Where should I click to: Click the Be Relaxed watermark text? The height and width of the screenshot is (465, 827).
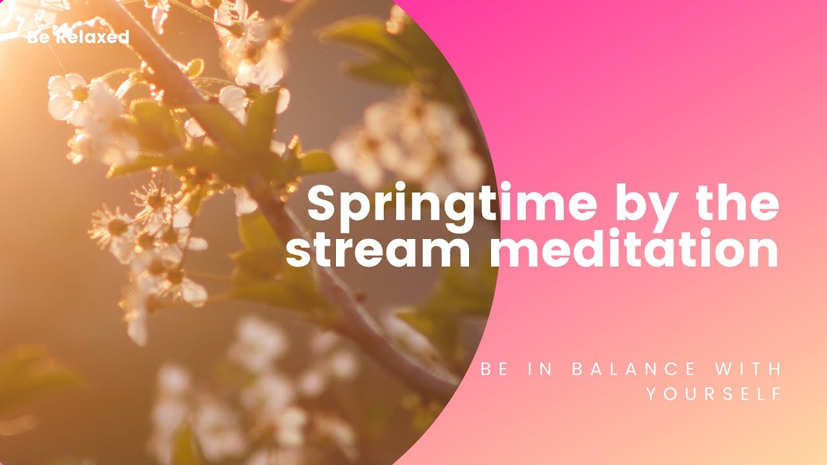(78, 37)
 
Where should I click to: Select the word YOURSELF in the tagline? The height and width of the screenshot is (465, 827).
(714, 393)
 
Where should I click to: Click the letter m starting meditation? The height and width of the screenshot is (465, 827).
(514, 253)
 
